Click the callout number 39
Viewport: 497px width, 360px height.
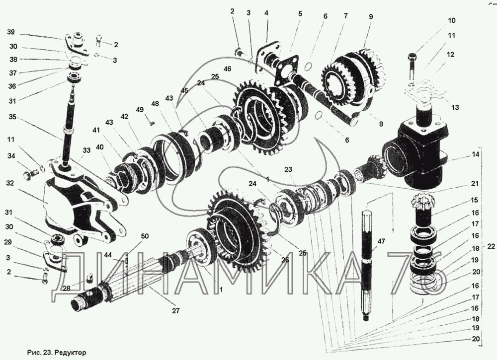coord(11,33)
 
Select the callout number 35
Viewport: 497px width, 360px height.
coord(12,117)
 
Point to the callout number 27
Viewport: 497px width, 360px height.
coord(175,311)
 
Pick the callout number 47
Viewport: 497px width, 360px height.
coord(381,241)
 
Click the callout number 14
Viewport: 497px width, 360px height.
coord(476,155)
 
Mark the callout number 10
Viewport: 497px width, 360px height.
coord(452,20)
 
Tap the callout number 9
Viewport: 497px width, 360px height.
coord(371,16)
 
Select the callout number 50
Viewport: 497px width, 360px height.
coord(145,236)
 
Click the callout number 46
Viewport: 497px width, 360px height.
coord(227,69)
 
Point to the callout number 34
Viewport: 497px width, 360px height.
coord(11,155)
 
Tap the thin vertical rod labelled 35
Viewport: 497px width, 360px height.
coord(70,127)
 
